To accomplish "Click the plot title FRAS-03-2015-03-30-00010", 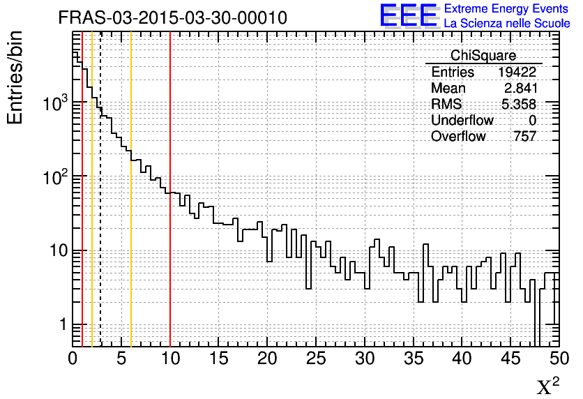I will pos(172,17).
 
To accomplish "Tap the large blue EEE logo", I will pos(409,15).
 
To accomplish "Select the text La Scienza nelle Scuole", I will pos(506,24).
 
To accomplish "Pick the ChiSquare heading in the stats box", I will pos(483,56).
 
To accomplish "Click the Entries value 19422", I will pos(517,73).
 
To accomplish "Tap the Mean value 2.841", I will pos(520,89).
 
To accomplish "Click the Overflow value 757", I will pos(524,137).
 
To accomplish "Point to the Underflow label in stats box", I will pos(462,121).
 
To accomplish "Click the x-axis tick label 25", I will pos(316,359).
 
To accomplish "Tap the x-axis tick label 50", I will pos(558,359).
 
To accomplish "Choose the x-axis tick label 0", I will pos(73,359).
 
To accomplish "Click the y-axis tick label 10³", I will pos(54,104).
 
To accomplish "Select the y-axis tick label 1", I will pos(62,325).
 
